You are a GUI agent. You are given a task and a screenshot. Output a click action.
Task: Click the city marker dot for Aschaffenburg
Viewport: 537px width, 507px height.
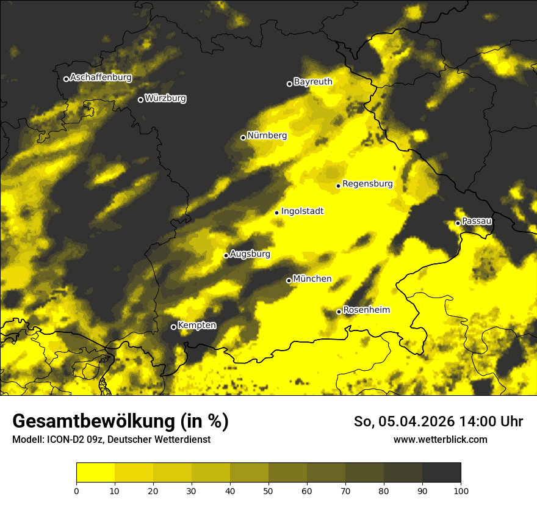[x=66, y=79]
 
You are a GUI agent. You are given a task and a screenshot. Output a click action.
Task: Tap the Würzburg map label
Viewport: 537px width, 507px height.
[x=165, y=98]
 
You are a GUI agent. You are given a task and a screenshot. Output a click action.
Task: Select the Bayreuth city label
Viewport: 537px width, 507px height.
[x=313, y=82]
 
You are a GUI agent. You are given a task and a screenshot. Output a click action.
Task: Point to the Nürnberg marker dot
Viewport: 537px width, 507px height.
[x=243, y=137]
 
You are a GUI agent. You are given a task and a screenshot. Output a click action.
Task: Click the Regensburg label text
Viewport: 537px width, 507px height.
[x=367, y=184]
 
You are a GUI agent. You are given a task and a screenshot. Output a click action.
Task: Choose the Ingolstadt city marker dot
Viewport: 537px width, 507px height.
[x=276, y=213]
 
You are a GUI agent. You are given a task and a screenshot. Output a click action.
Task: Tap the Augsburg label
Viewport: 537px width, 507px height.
[x=250, y=254]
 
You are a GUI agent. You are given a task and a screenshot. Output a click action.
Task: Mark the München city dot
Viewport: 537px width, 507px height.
[x=289, y=280]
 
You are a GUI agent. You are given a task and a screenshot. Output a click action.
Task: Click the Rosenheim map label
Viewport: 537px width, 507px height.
[x=366, y=310]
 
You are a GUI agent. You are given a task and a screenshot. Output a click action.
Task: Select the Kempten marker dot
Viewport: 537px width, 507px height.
[x=173, y=327]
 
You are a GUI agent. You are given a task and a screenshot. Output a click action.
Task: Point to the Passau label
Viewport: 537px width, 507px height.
[x=477, y=221]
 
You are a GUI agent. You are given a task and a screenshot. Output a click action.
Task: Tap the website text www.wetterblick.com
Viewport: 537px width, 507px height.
[x=440, y=439]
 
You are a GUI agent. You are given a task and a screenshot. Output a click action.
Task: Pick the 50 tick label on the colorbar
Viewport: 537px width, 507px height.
[x=268, y=491]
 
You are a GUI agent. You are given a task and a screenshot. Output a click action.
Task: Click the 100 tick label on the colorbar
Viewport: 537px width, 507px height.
[x=461, y=491]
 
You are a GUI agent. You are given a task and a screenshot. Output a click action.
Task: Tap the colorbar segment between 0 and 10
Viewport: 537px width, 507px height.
[x=95, y=473]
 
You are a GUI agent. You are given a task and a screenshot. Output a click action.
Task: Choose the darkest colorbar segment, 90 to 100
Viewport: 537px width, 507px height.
[x=441, y=473]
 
